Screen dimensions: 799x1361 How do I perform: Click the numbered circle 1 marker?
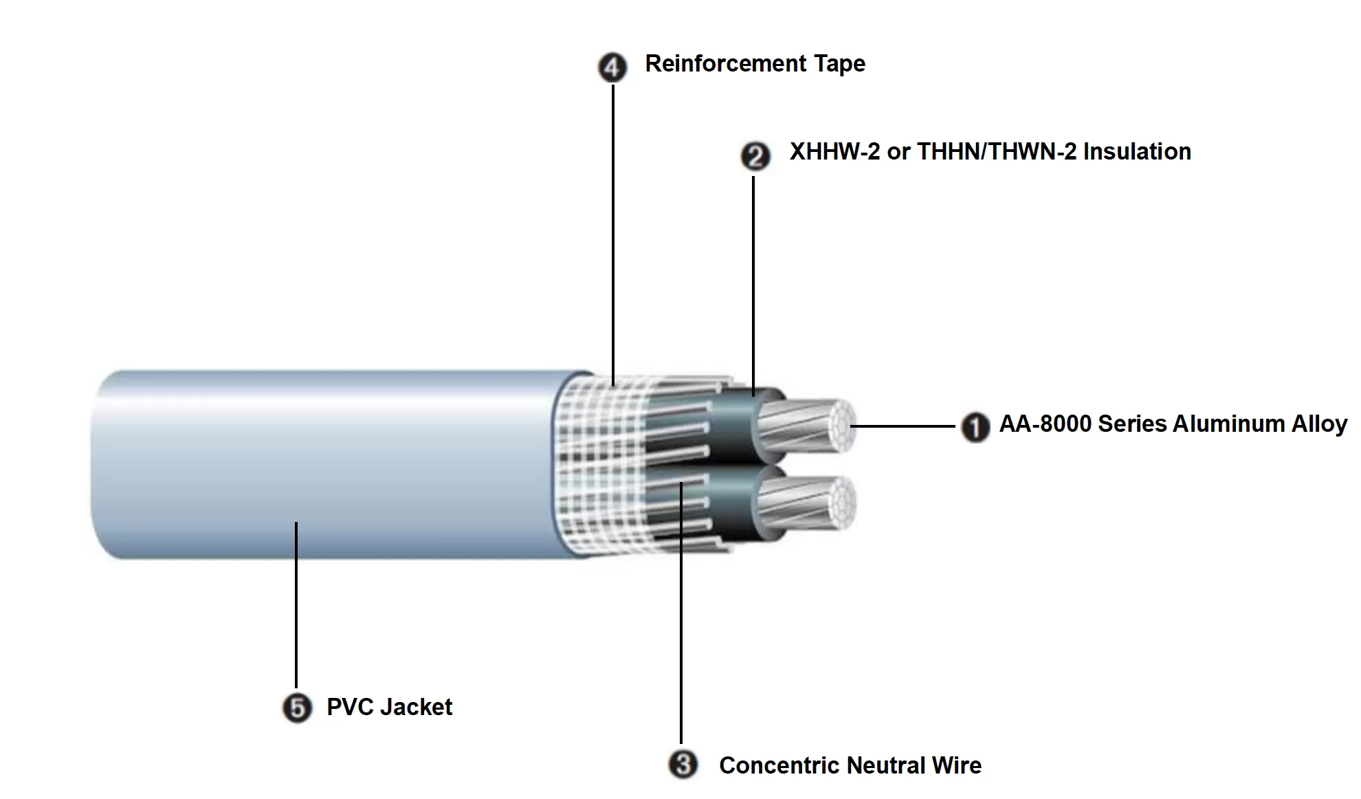(974, 427)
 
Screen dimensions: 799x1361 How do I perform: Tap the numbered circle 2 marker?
(755, 156)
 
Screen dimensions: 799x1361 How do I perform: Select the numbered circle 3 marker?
(683, 764)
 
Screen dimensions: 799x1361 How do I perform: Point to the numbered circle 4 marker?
(612, 67)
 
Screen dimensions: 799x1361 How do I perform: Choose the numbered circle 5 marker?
(297, 708)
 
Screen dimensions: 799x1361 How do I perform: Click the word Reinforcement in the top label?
(725, 64)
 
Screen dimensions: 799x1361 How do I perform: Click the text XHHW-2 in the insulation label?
(834, 152)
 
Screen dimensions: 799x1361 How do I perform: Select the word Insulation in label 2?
(1137, 152)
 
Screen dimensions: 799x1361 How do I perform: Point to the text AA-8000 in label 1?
(1045, 424)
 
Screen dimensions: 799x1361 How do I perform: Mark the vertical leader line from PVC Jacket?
(296, 605)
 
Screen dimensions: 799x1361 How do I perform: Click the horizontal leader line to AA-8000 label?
(904, 426)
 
